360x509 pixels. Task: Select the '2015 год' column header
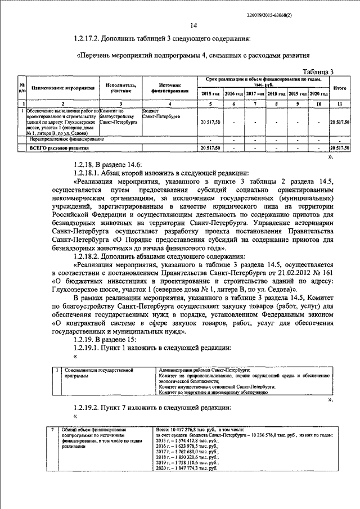point(210,93)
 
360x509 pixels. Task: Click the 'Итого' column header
point(339,88)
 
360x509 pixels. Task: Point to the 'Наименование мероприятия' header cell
point(63,88)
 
